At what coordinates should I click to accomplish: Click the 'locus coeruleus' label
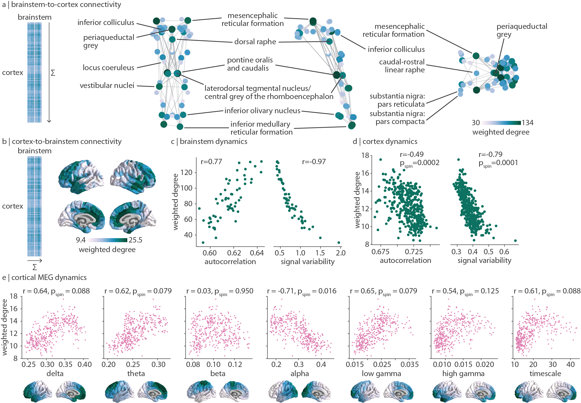point(108,68)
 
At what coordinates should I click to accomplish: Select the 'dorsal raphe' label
point(255,42)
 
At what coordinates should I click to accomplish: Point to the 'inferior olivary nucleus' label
point(262,111)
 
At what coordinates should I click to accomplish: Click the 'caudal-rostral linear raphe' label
point(402,66)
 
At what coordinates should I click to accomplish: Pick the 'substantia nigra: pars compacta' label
point(397,118)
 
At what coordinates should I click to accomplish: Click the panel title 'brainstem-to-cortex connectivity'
point(66,5)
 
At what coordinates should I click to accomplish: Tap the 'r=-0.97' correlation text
point(314,161)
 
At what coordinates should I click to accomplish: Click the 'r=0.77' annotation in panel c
point(211,161)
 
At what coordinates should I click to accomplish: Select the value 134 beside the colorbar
point(527,123)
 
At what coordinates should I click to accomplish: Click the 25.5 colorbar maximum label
point(135,240)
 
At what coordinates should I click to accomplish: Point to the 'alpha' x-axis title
point(300,373)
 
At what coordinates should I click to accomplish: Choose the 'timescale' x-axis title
point(545,373)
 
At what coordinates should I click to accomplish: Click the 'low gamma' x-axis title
point(381,374)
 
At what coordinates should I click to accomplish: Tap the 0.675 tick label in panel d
point(380,252)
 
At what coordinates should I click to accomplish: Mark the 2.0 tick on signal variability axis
point(341,253)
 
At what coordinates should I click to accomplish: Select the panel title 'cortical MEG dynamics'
point(49,277)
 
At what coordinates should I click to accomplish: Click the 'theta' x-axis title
point(136,373)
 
